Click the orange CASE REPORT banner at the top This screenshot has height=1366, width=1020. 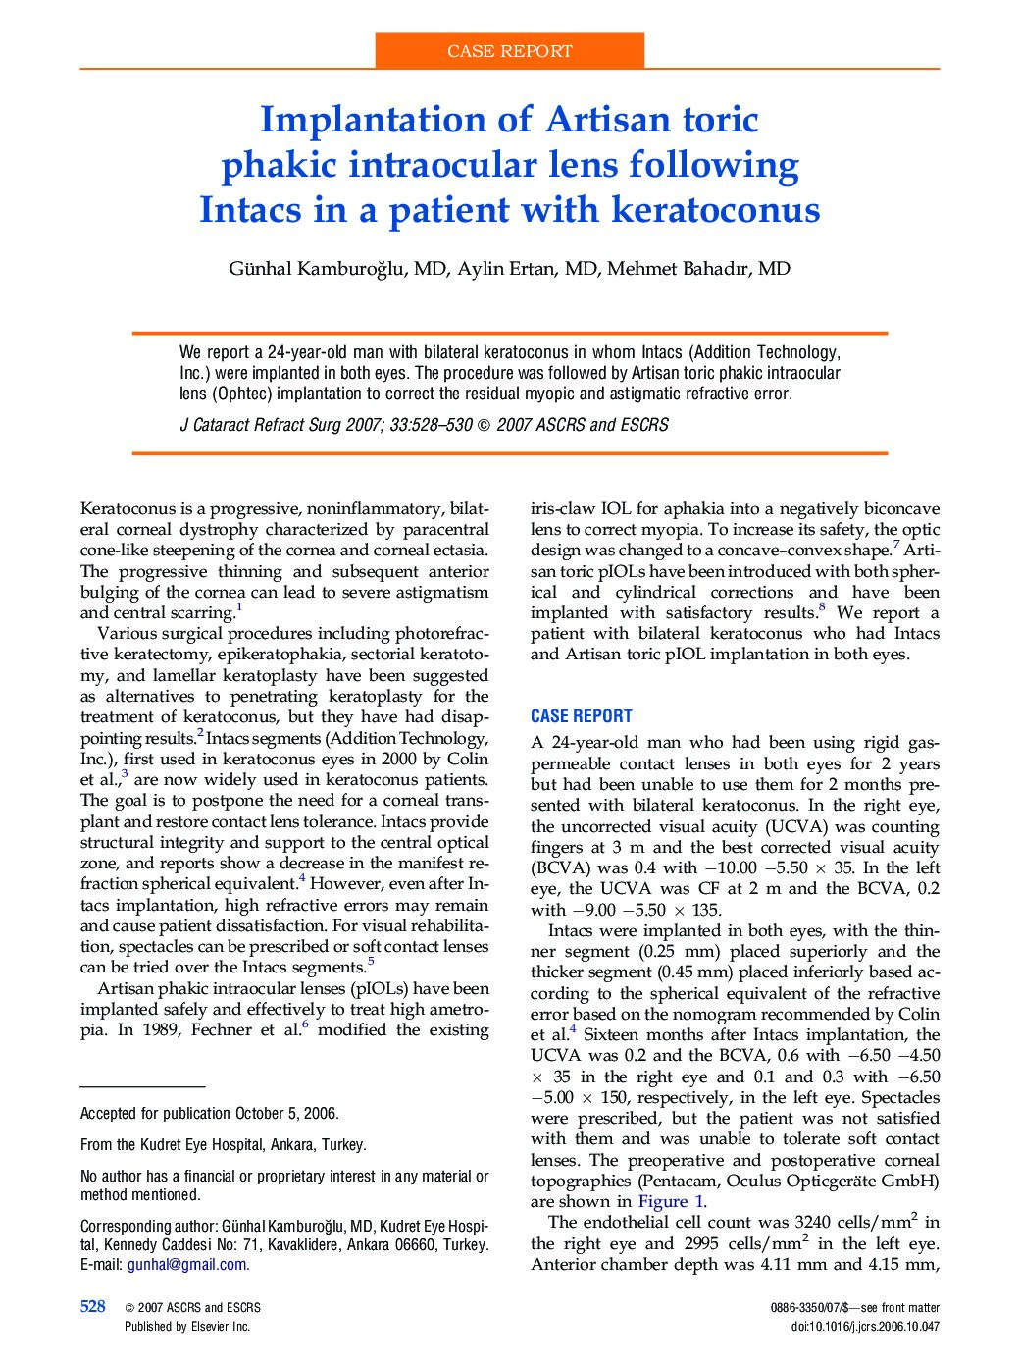click(x=509, y=51)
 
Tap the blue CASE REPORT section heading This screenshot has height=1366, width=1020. click(x=581, y=716)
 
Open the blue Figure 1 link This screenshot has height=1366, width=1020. click(x=670, y=1201)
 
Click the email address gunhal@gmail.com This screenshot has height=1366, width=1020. click(x=186, y=1265)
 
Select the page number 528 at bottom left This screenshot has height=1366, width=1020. click(x=93, y=1306)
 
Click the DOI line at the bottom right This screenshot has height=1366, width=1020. click(x=864, y=1326)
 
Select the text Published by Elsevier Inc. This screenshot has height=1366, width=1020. click(x=187, y=1326)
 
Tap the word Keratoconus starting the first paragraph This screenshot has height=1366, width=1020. click(x=128, y=508)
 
